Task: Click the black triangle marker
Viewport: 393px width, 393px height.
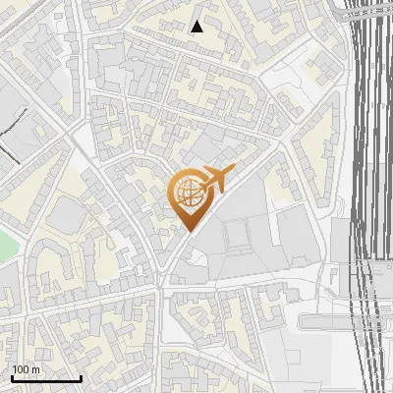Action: (196, 27)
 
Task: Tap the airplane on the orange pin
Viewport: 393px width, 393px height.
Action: (214, 179)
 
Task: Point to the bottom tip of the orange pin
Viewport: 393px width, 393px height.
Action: (187, 232)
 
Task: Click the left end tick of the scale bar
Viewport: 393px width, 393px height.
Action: (12, 378)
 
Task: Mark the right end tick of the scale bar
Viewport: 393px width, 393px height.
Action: (81, 378)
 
